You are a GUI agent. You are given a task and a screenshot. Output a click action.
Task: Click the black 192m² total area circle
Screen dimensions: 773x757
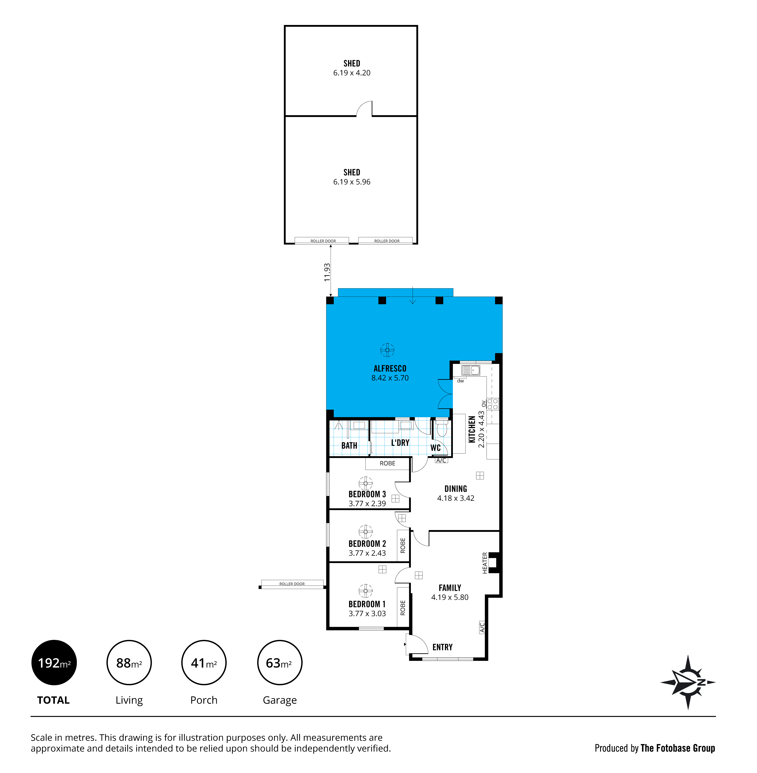click(54, 663)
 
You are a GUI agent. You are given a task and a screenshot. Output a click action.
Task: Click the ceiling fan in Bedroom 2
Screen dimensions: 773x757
click(365, 531)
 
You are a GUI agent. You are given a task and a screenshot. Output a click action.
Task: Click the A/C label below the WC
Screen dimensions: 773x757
click(441, 460)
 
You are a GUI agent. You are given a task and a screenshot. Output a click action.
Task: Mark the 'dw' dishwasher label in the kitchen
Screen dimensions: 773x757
click(460, 381)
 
